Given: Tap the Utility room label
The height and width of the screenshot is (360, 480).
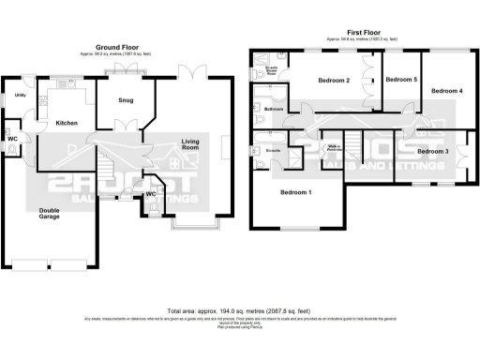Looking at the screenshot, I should (x=20, y=96).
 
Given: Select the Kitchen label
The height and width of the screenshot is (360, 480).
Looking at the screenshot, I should (x=66, y=123).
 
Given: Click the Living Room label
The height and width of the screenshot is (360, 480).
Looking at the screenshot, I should (x=190, y=144).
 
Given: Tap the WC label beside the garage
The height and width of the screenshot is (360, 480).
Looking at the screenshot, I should (x=12, y=139).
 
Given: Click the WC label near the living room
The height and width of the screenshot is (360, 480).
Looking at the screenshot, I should (x=150, y=195).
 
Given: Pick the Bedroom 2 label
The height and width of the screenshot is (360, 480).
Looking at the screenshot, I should (x=334, y=81).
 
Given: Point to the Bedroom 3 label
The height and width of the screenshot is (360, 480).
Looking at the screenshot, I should (x=433, y=151).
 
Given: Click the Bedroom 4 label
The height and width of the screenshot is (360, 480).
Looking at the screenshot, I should (x=446, y=90).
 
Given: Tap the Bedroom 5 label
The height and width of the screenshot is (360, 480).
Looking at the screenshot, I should (x=401, y=80).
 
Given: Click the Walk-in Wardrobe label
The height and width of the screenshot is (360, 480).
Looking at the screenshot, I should (x=333, y=147).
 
